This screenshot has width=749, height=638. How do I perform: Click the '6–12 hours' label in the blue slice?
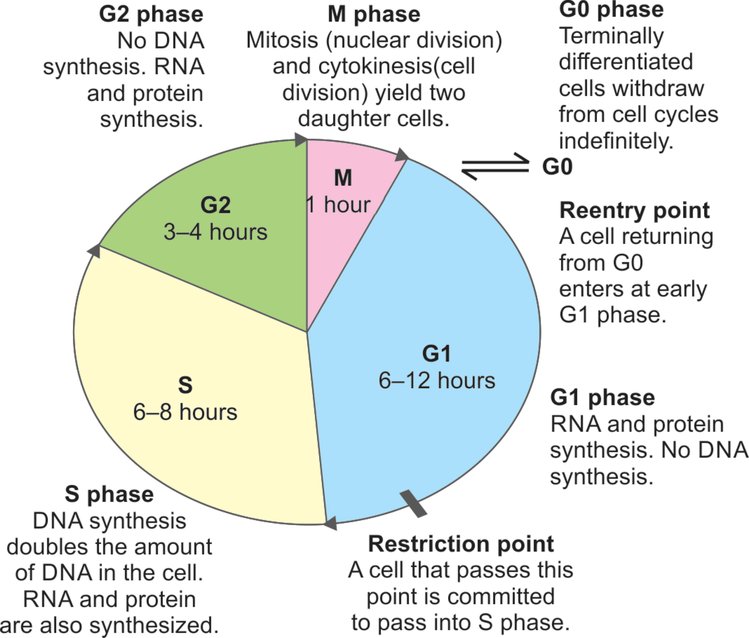tap(437, 381)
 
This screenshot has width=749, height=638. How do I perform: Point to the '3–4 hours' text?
tap(215, 232)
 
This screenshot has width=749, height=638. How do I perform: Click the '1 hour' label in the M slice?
tap(338, 205)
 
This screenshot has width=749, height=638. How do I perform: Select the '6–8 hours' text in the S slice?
tap(185, 412)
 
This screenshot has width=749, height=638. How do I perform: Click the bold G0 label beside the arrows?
tap(557, 167)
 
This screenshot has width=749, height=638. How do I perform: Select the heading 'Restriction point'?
tap(461, 544)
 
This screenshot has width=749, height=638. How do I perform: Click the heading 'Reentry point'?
tap(634, 211)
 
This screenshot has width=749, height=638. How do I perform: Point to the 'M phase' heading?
tap(374, 14)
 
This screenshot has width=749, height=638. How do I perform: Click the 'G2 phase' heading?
tap(151, 14)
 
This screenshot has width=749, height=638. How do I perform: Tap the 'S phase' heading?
tap(109, 494)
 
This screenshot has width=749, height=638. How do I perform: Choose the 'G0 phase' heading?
tap(611, 9)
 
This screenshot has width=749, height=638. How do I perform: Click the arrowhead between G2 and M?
tap(301, 139)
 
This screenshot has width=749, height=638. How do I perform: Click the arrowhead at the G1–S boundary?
tap(330, 523)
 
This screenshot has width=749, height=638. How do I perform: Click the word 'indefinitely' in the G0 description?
tap(616, 141)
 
